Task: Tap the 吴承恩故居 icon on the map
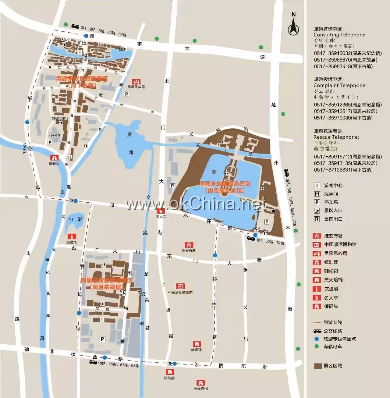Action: pos(136,82)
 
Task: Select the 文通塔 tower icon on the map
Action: pos(72,236)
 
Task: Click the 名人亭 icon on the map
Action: pos(161,211)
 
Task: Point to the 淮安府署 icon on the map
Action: pos(189,245)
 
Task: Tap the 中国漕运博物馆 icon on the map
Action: pos(180,286)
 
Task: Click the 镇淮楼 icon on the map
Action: pos(169,372)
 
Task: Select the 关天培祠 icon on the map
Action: pos(200,383)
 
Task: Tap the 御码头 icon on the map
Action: pos(55,158)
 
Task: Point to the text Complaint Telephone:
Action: pos(340,85)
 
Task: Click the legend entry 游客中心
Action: pos(333,185)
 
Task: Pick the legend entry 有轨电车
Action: pos(332,346)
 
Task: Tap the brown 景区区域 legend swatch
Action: pos(318,366)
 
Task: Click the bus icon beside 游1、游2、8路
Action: pos(75,27)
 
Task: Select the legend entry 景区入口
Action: pos(333,211)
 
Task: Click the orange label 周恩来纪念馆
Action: pos(225,190)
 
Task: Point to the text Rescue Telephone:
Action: pos(336,137)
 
